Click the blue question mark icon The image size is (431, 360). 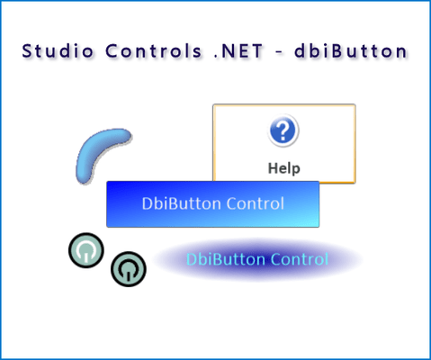283,131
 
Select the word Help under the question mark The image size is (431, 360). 283,167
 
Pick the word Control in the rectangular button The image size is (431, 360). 255,203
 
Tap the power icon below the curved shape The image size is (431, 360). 85,250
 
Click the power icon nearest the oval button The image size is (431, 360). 129,268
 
